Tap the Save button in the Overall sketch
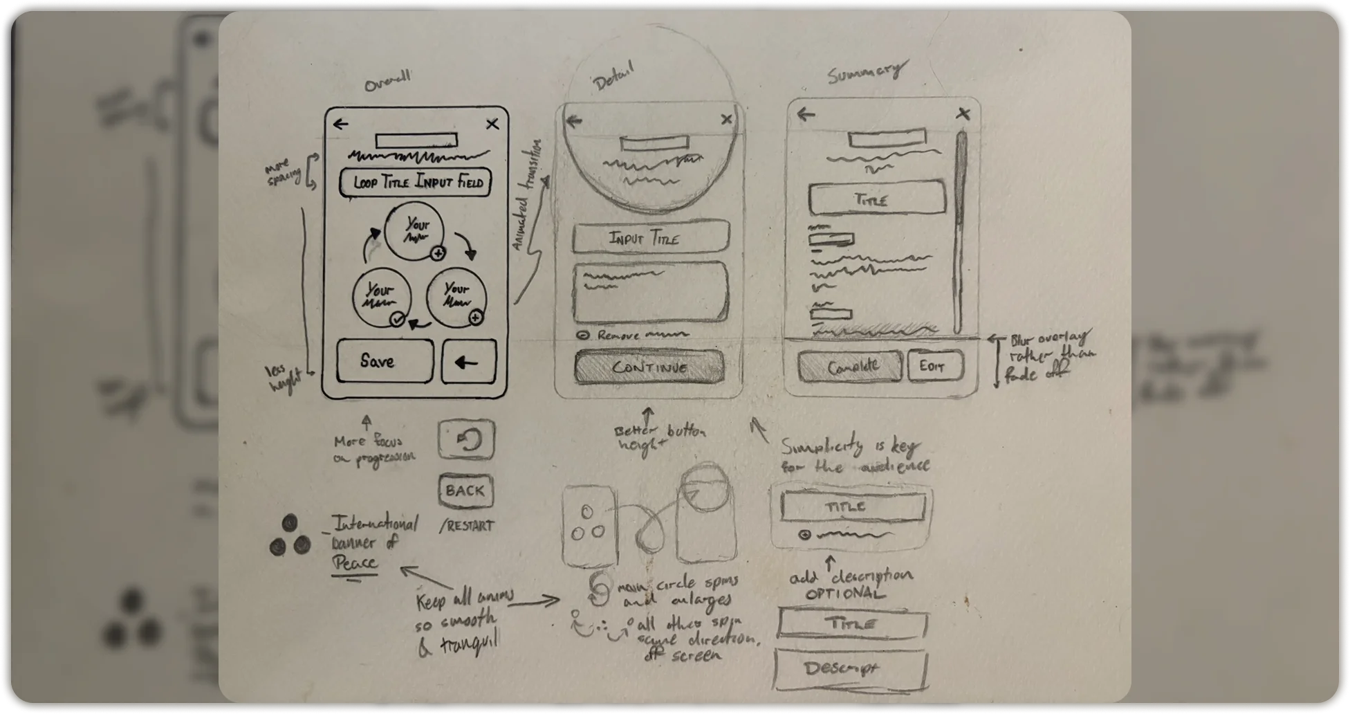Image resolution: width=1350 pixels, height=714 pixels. pos(385,361)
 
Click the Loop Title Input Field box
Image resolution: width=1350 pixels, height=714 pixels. pos(415,183)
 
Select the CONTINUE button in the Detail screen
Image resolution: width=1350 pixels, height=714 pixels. pos(649,367)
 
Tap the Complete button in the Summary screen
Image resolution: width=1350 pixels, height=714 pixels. pos(850,366)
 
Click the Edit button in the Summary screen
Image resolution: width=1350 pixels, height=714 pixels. pos(935,365)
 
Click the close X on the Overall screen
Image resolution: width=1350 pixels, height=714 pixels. pos(492,125)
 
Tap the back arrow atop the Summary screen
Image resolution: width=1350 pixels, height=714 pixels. pos(806,114)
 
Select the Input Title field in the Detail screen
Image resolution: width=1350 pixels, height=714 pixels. pos(650,239)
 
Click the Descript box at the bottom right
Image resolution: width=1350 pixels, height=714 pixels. pos(851,669)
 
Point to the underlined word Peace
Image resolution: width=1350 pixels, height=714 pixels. pos(355,562)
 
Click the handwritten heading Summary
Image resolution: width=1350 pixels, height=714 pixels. pos(866,72)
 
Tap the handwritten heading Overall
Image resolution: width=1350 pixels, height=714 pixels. pos(387,81)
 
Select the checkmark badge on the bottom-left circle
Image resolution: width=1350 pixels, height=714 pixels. pos(396,319)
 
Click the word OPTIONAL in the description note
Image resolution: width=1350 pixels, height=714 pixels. pos(844,594)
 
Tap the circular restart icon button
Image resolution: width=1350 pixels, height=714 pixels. pos(466,440)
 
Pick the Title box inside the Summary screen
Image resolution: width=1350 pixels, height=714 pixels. pos(877,200)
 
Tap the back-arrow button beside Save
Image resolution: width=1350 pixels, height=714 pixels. pos(469,362)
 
